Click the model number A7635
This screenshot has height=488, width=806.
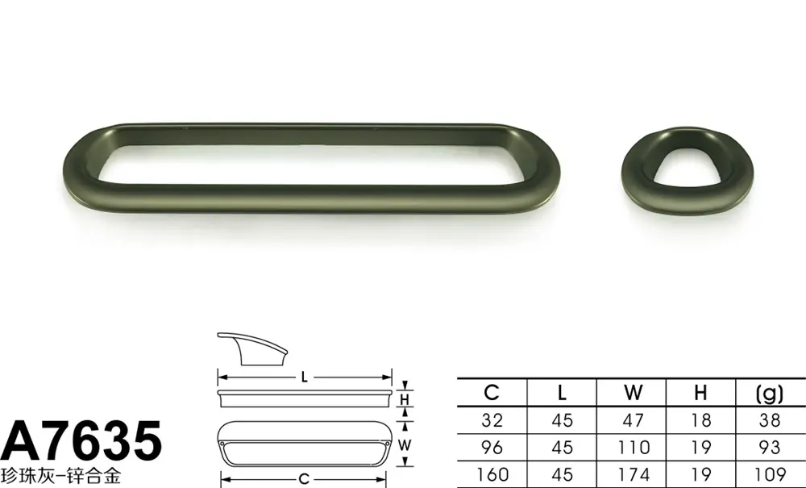(81, 440)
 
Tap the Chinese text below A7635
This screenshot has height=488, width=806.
(60, 475)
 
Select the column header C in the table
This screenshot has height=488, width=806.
(492, 393)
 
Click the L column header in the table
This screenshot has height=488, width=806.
(562, 394)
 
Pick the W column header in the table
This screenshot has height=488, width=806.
(633, 394)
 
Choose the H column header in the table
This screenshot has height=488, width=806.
(700, 394)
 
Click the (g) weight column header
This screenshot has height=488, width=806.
(770, 394)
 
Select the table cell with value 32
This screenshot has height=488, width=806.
(492, 420)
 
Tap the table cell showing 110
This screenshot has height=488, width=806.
(634, 448)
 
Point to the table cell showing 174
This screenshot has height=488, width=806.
(634, 474)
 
